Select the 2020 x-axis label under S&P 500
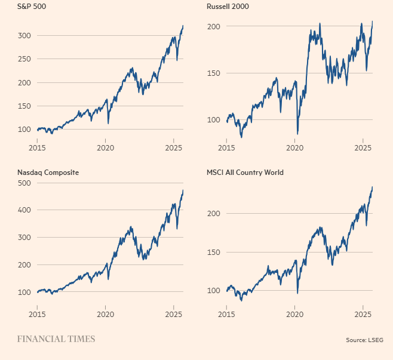click(105, 147)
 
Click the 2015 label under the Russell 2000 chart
click(227, 147)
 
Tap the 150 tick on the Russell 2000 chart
click(214, 73)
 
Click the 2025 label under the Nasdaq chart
click(173, 313)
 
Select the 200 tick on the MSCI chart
click(214, 213)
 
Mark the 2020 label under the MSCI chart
click(295, 313)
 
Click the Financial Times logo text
click(56, 339)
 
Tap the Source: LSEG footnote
click(364, 340)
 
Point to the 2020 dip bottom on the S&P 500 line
click(108, 123)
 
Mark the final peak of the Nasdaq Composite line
click(183, 190)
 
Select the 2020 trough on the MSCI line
click(297, 293)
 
